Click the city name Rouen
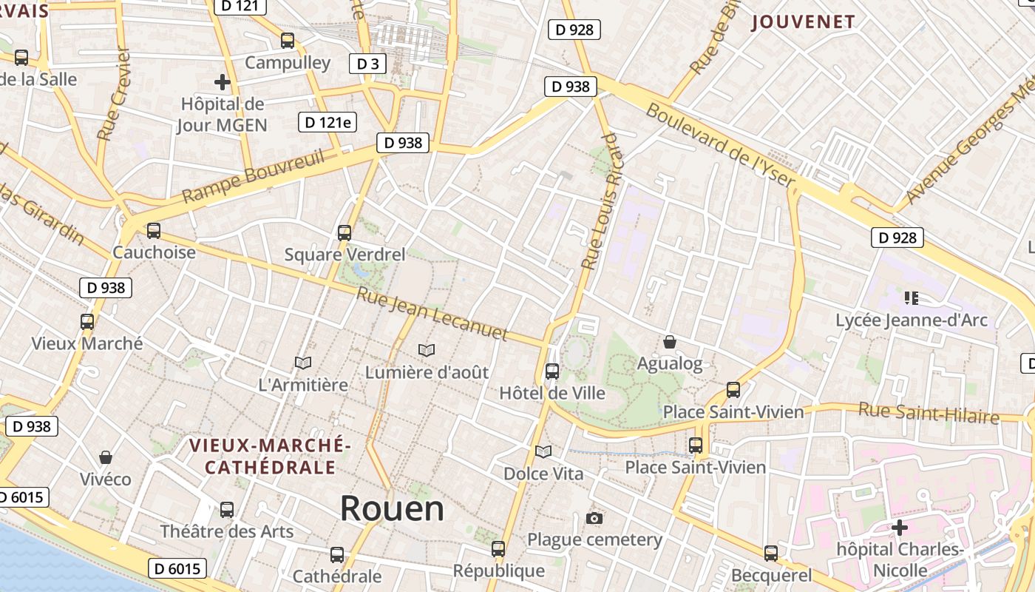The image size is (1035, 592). click(x=392, y=508)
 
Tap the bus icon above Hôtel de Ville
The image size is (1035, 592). click(x=552, y=371)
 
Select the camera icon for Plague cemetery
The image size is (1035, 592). click(x=594, y=518)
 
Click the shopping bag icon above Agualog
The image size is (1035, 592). click(x=670, y=342)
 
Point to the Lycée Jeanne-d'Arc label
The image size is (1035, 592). click(x=911, y=320)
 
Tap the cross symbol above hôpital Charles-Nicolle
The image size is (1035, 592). click(x=900, y=528)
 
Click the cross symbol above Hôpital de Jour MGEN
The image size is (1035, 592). click(x=222, y=82)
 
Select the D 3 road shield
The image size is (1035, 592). click(x=367, y=64)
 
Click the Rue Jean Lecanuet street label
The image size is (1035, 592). click(x=432, y=314)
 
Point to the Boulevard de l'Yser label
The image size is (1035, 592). click(x=721, y=146)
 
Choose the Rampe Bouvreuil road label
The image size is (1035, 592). click(x=253, y=177)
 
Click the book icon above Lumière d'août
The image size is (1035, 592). click(x=427, y=350)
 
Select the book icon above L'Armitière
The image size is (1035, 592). click(x=303, y=363)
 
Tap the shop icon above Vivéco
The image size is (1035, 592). click(x=106, y=457)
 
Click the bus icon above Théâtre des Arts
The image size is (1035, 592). click(x=227, y=510)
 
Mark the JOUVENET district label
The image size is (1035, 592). click(x=804, y=22)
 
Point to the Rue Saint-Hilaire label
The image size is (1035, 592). click(x=929, y=412)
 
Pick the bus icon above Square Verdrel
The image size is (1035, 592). click(x=345, y=233)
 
